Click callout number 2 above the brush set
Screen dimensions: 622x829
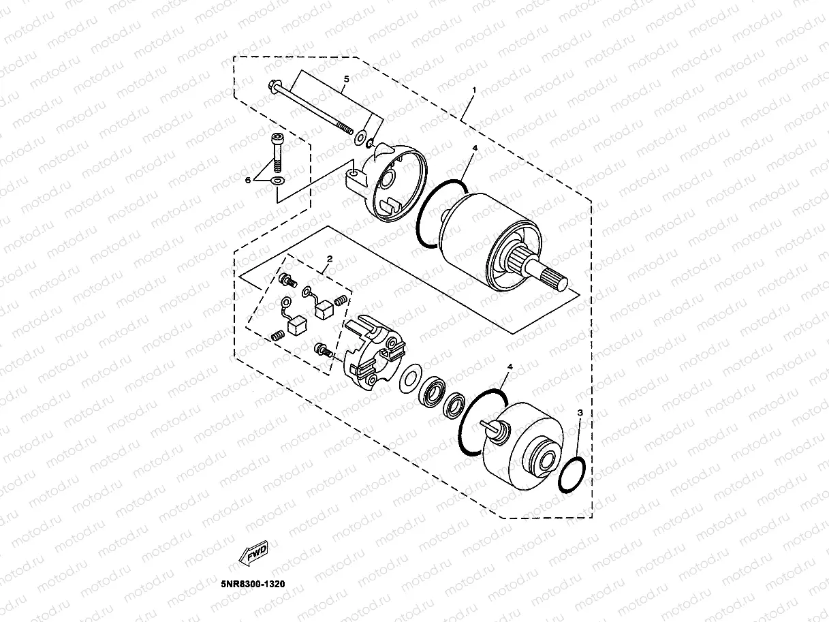[x=329, y=260]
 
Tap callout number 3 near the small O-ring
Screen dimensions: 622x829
[x=580, y=413]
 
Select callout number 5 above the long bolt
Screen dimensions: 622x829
[x=346, y=80]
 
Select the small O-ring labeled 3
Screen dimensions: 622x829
[x=572, y=474]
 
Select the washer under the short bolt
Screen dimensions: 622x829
[x=277, y=181]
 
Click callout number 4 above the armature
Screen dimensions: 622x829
[x=475, y=148]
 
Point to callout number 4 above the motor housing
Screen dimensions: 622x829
[x=510, y=367]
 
